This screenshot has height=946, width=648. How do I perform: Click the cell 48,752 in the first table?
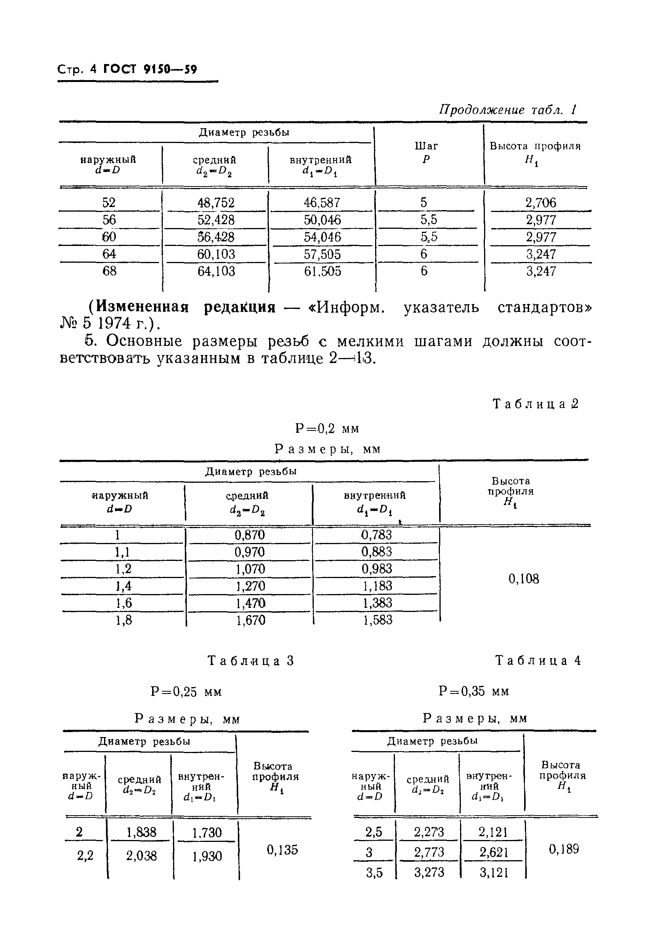tap(216, 202)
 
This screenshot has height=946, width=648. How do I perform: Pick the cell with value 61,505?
tap(322, 271)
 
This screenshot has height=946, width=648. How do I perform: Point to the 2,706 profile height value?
tap(541, 202)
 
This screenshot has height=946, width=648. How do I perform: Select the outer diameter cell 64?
tap(109, 254)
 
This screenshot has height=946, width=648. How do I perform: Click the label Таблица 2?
tap(535, 404)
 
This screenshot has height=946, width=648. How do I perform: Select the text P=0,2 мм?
tap(327, 428)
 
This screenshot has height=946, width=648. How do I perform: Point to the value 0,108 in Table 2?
tap(523, 578)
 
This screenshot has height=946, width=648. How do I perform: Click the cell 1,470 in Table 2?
tap(250, 603)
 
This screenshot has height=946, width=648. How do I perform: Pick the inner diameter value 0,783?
tap(376, 535)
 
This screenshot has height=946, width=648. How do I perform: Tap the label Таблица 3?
tap(250, 660)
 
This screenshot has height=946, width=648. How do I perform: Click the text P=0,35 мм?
tap(473, 691)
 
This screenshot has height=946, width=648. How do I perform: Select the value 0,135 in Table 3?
tap(282, 850)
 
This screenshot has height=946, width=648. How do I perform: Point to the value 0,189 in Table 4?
tap(563, 849)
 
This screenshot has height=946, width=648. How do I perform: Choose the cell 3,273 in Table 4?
tap(428, 872)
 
